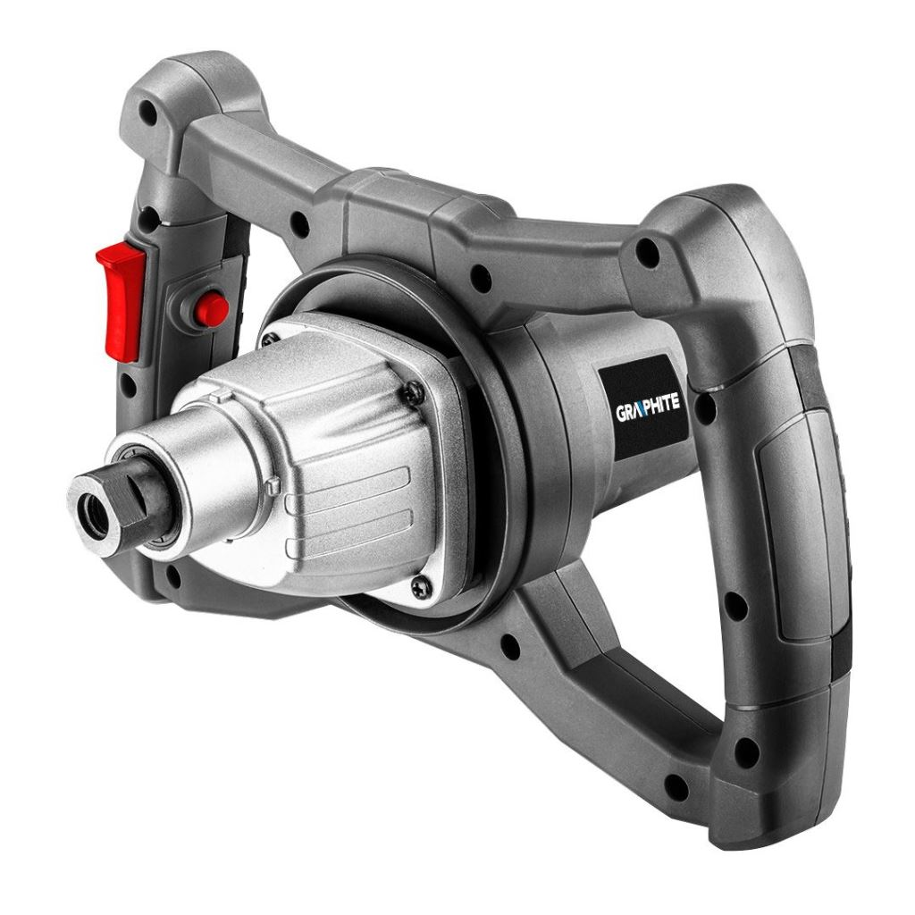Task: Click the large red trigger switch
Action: (122, 298)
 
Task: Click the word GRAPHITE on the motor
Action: (648, 406)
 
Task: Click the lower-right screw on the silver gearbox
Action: (424, 586)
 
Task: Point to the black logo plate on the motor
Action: (644, 407)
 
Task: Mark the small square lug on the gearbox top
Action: (274, 486)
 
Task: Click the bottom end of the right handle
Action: (768, 786)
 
